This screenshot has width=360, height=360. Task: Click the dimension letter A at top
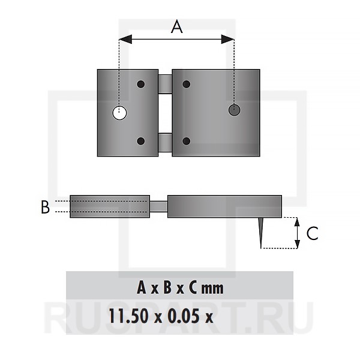pos(177,27)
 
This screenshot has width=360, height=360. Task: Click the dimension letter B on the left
pos(45,207)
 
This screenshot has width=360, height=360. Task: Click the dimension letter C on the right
pos(312,233)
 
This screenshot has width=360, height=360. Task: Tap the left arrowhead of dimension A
pos(125,39)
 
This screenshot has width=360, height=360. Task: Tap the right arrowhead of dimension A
pos(227,39)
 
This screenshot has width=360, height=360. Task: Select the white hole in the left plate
pos(119,113)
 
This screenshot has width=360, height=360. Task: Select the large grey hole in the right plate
pos(235,110)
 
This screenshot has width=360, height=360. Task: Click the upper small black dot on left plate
pos(141,84)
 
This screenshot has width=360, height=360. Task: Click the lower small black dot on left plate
pos(141,141)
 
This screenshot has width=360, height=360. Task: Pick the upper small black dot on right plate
pos(187,84)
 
